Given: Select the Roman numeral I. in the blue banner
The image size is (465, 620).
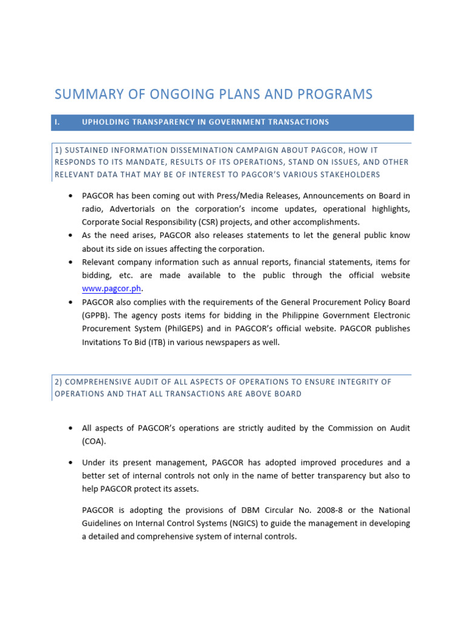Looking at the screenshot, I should [x=58, y=122].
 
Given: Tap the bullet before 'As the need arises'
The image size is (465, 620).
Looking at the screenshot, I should [x=71, y=236].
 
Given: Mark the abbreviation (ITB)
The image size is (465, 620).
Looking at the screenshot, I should [x=151, y=342].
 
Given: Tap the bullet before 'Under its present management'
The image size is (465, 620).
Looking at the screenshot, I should [x=71, y=463].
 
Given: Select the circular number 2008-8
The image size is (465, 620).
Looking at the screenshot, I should [x=309, y=510].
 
